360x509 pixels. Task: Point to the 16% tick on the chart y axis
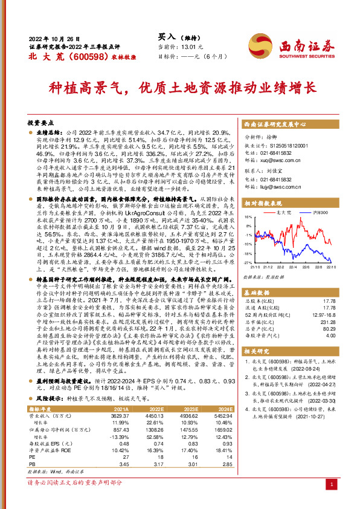(248, 216)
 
